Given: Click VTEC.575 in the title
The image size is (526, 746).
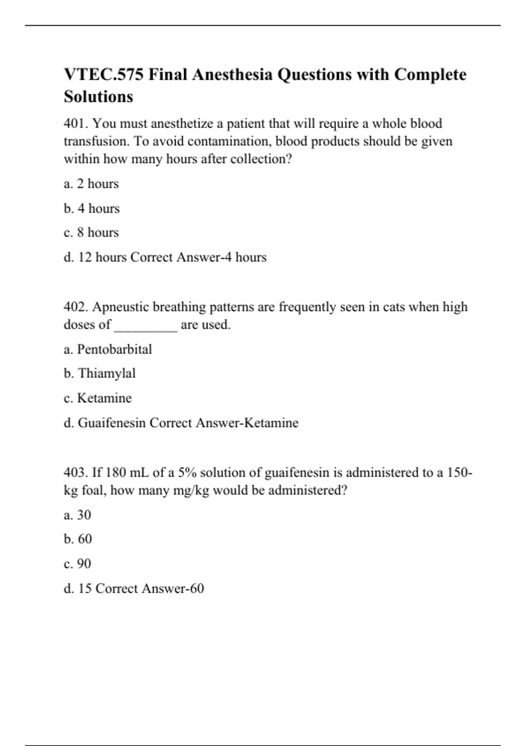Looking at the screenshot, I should pyautogui.click(x=103, y=75).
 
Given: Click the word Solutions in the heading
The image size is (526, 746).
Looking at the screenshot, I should pyautogui.click(x=98, y=97).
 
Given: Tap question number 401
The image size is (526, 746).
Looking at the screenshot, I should pyautogui.click(x=76, y=124).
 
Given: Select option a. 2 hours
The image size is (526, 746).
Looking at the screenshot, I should pyautogui.click(x=91, y=183).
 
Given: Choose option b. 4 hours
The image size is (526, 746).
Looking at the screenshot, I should pyautogui.click(x=92, y=208).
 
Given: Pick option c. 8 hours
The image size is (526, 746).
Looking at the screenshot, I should pyautogui.click(x=91, y=232).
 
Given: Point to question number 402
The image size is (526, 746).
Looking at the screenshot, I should pyautogui.click(x=76, y=307).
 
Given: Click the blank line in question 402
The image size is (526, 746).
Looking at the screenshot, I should pyautogui.click(x=146, y=326).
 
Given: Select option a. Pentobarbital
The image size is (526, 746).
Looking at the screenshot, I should pyautogui.click(x=108, y=349).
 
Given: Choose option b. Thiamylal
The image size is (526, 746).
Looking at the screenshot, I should pyautogui.click(x=100, y=373).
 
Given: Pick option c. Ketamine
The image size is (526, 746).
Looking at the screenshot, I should pyautogui.click(x=98, y=398).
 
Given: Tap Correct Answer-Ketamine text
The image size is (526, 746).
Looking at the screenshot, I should pyautogui.click(x=224, y=423).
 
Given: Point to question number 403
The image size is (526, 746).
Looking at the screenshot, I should pyautogui.click(x=76, y=473).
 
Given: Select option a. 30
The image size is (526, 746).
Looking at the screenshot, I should pyautogui.click(x=78, y=515).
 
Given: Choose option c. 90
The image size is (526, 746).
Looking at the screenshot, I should pyautogui.click(x=78, y=563).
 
